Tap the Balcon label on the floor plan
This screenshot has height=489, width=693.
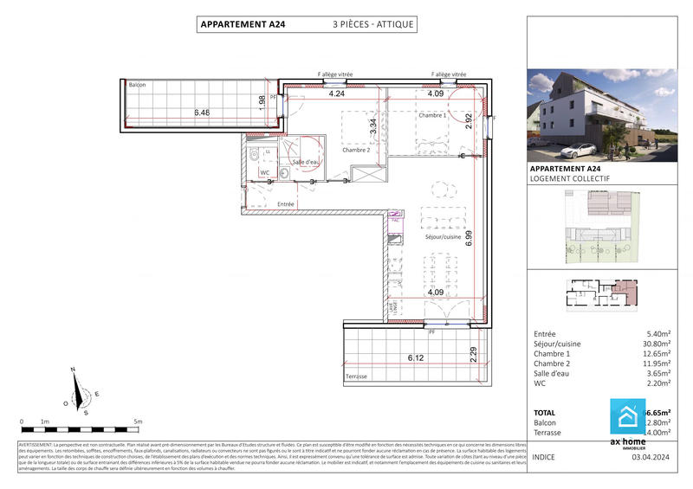[x=137, y=85]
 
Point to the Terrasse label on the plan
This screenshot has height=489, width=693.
[x=357, y=376]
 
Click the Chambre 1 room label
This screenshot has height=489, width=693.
[x=432, y=115]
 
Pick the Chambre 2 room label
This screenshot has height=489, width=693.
[x=356, y=150]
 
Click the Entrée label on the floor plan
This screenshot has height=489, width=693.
[x=286, y=204]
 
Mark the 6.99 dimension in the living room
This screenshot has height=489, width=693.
[x=469, y=238]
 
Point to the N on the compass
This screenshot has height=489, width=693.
[x=74, y=370]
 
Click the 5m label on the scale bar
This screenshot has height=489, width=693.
[x=139, y=421]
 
